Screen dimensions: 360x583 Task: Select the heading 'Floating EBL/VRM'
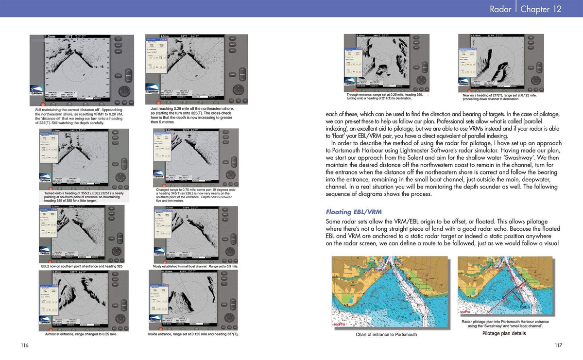tap(353, 212)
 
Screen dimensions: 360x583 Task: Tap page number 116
tap(25, 345)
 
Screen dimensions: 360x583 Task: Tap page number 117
tap(558, 345)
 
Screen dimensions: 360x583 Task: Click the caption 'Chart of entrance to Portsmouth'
tap(386, 334)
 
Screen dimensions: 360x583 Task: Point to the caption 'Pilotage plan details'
tap(504, 333)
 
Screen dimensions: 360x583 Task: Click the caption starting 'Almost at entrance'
tap(81, 334)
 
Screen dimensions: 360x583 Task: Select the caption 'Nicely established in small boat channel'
tap(195, 267)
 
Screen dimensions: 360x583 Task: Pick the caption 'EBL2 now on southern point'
tap(82, 267)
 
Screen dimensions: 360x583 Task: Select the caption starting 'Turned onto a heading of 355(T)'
tap(83, 196)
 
